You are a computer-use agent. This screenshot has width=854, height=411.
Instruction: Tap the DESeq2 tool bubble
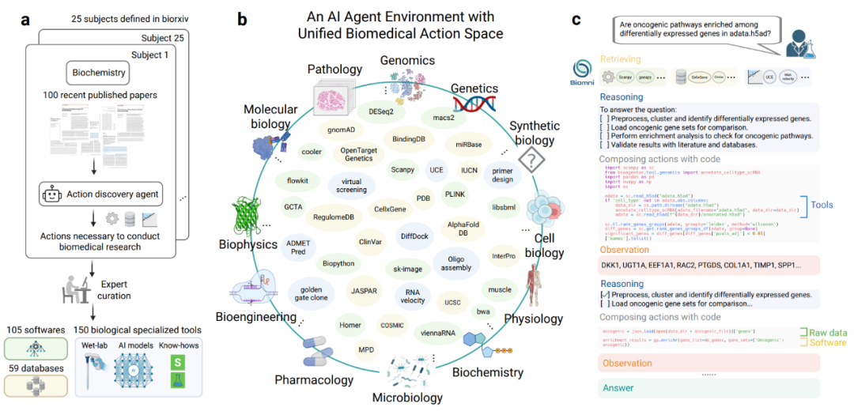pos(380,112)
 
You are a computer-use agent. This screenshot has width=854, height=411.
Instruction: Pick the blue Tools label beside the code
pos(822,205)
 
